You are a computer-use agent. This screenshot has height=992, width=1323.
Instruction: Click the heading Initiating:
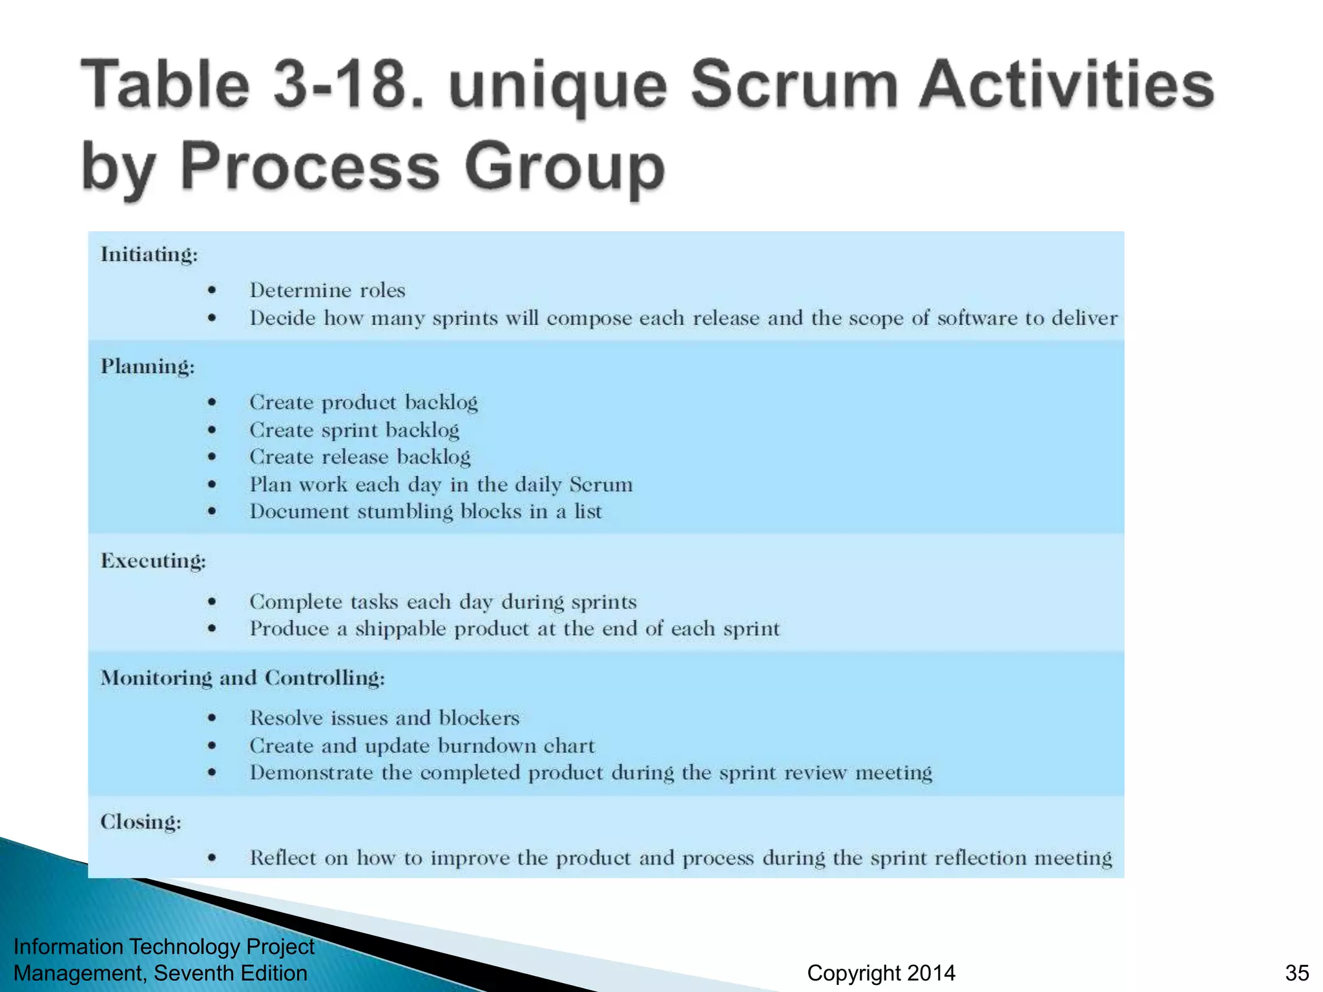coord(149,255)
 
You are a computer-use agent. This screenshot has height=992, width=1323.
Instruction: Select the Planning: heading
coord(147,367)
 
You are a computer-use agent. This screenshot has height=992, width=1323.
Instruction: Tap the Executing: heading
coord(153,561)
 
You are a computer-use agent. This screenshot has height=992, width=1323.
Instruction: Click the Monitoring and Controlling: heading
coord(243,678)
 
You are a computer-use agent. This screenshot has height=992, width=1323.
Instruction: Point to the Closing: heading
coord(141,822)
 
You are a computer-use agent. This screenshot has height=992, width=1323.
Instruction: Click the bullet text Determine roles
coord(328,291)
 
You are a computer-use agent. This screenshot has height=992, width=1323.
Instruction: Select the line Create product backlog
coord(364,402)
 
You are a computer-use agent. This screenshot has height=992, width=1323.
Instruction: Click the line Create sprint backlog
coord(355,430)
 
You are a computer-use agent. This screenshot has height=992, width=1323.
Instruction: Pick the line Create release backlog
coord(360,457)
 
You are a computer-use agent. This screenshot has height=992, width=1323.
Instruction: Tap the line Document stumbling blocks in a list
coord(426,512)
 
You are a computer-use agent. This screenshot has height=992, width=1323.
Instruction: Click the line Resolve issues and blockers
coord(384,718)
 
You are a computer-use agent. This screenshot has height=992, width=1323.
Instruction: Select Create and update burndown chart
coord(422,746)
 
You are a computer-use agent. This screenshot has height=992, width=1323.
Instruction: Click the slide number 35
coord(1297,973)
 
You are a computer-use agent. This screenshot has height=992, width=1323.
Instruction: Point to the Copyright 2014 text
coord(881,973)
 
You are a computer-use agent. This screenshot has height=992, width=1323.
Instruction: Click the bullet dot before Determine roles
coord(212,291)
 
